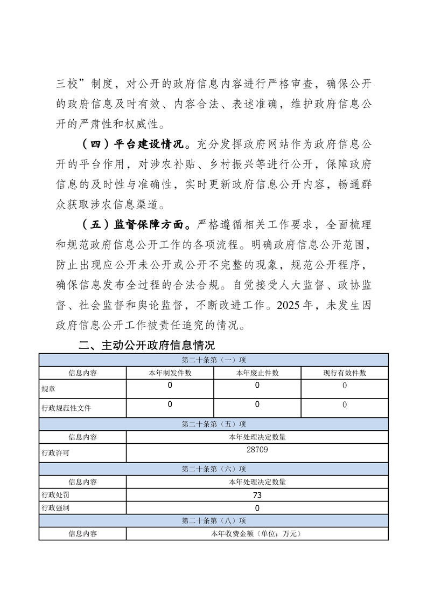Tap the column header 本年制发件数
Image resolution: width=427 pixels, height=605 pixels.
pyautogui.click(x=170, y=373)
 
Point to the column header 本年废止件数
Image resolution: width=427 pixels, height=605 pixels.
pyautogui.click(x=257, y=373)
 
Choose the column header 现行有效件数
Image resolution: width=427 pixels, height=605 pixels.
pyautogui.click(x=345, y=373)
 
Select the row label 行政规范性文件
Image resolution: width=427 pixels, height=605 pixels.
pyautogui.click(x=66, y=408)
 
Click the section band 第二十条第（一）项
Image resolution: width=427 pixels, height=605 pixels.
pyautogui.click(x=214, y=360)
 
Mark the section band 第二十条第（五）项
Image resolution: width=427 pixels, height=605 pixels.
pyautogui.click(x=214, y=424)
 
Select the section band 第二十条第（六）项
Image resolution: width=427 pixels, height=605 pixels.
pyautogui.click(x=214, y=469)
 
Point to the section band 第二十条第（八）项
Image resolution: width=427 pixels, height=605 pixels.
pyautogui.click(x=214, y=521)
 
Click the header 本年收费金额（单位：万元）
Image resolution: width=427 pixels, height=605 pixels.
pyautogui.click(x=257, y=534)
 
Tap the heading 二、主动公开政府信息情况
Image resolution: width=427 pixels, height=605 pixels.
pyautogui.click(x=146, y=345)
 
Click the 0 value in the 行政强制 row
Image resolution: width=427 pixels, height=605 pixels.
pyautogui.click(x=257, y=508)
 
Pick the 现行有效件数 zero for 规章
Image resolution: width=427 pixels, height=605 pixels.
pyautogui.click(x=345, y=386)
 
